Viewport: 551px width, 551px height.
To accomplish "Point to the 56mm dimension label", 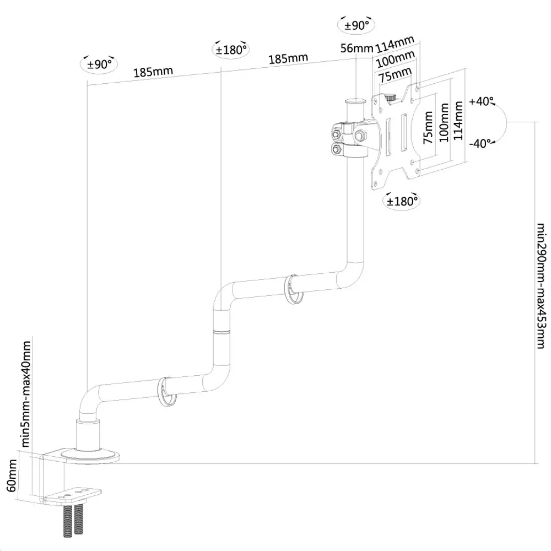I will (356, 48).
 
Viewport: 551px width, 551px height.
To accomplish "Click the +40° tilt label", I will (482, 102).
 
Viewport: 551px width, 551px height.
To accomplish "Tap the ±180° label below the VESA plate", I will (402, 202).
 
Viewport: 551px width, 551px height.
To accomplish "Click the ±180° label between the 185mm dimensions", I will (230, 49).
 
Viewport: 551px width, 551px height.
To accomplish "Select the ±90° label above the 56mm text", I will (356, 25).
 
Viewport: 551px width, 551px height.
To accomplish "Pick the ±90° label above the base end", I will (100, 64).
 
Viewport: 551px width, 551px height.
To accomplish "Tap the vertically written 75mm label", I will (428, 128).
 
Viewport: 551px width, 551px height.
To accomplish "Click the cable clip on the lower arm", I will (165, 391).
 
